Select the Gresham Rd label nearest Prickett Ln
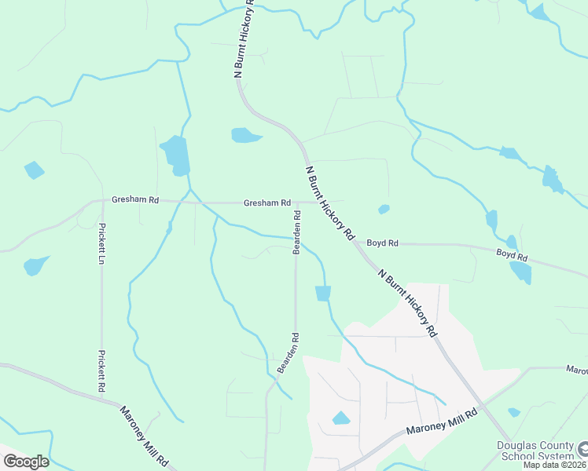point(135,200)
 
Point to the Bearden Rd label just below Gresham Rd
point(296,232)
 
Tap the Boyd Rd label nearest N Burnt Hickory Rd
point(383,243)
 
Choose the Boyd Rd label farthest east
point(512,255)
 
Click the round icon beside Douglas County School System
point(583,450)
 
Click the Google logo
point(26,462)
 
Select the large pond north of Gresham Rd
point(175,155)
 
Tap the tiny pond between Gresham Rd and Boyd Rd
point(384,209)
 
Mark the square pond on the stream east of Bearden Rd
point(323,293)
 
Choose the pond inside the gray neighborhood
point(341,418)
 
